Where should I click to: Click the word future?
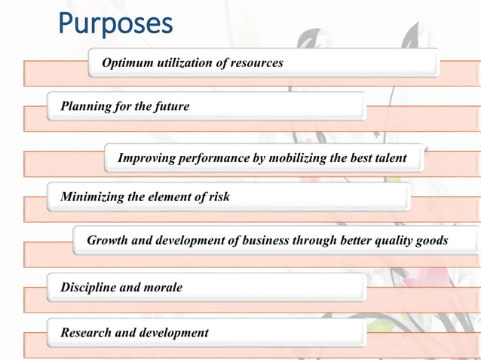pos(172,107)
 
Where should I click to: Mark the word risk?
pos(217,197)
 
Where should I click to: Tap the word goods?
pos(432,241)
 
